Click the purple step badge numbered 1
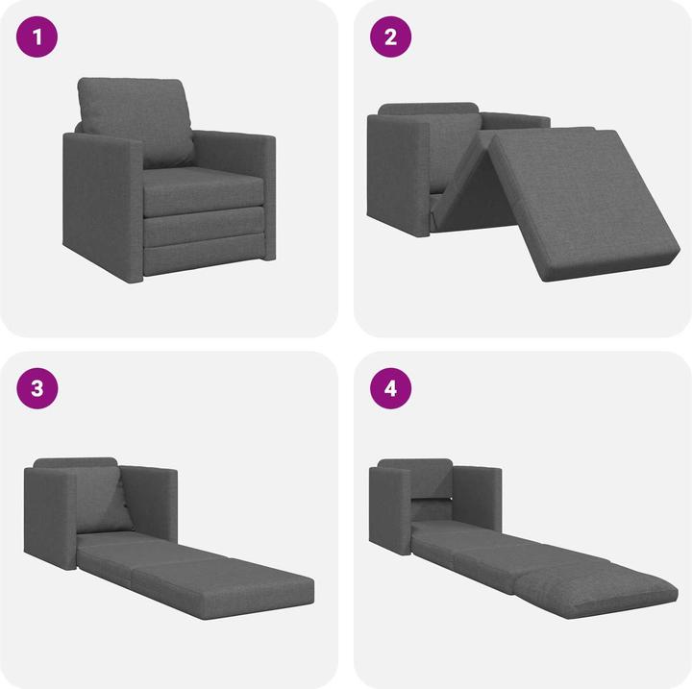tap(38, 38)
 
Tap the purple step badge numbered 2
tap(390, 38)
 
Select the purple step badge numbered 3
tap(38, 388)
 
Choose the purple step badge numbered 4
tap(390, 388)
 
